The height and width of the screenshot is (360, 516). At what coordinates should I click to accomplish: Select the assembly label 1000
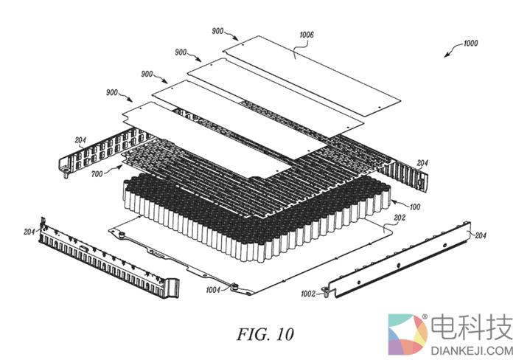(467, 44)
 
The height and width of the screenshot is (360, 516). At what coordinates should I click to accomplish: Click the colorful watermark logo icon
(408, 336)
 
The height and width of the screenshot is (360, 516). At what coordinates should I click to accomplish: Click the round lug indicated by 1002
(324, 293)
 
